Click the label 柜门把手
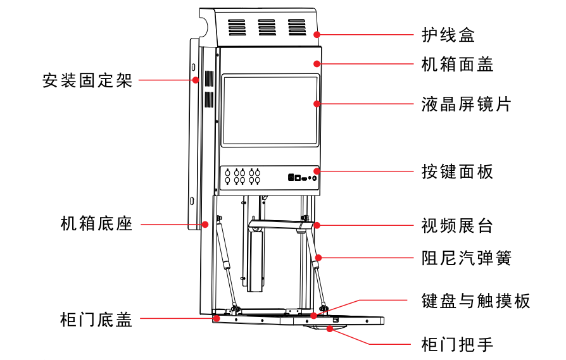click(456, 344)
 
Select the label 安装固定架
click(87, 80)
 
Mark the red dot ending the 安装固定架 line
click(196, 80)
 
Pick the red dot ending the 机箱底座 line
click(205, 224)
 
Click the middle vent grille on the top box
click(267, 27)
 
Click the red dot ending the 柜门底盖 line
click(217, 319)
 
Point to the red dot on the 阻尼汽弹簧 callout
click(318, 258)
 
